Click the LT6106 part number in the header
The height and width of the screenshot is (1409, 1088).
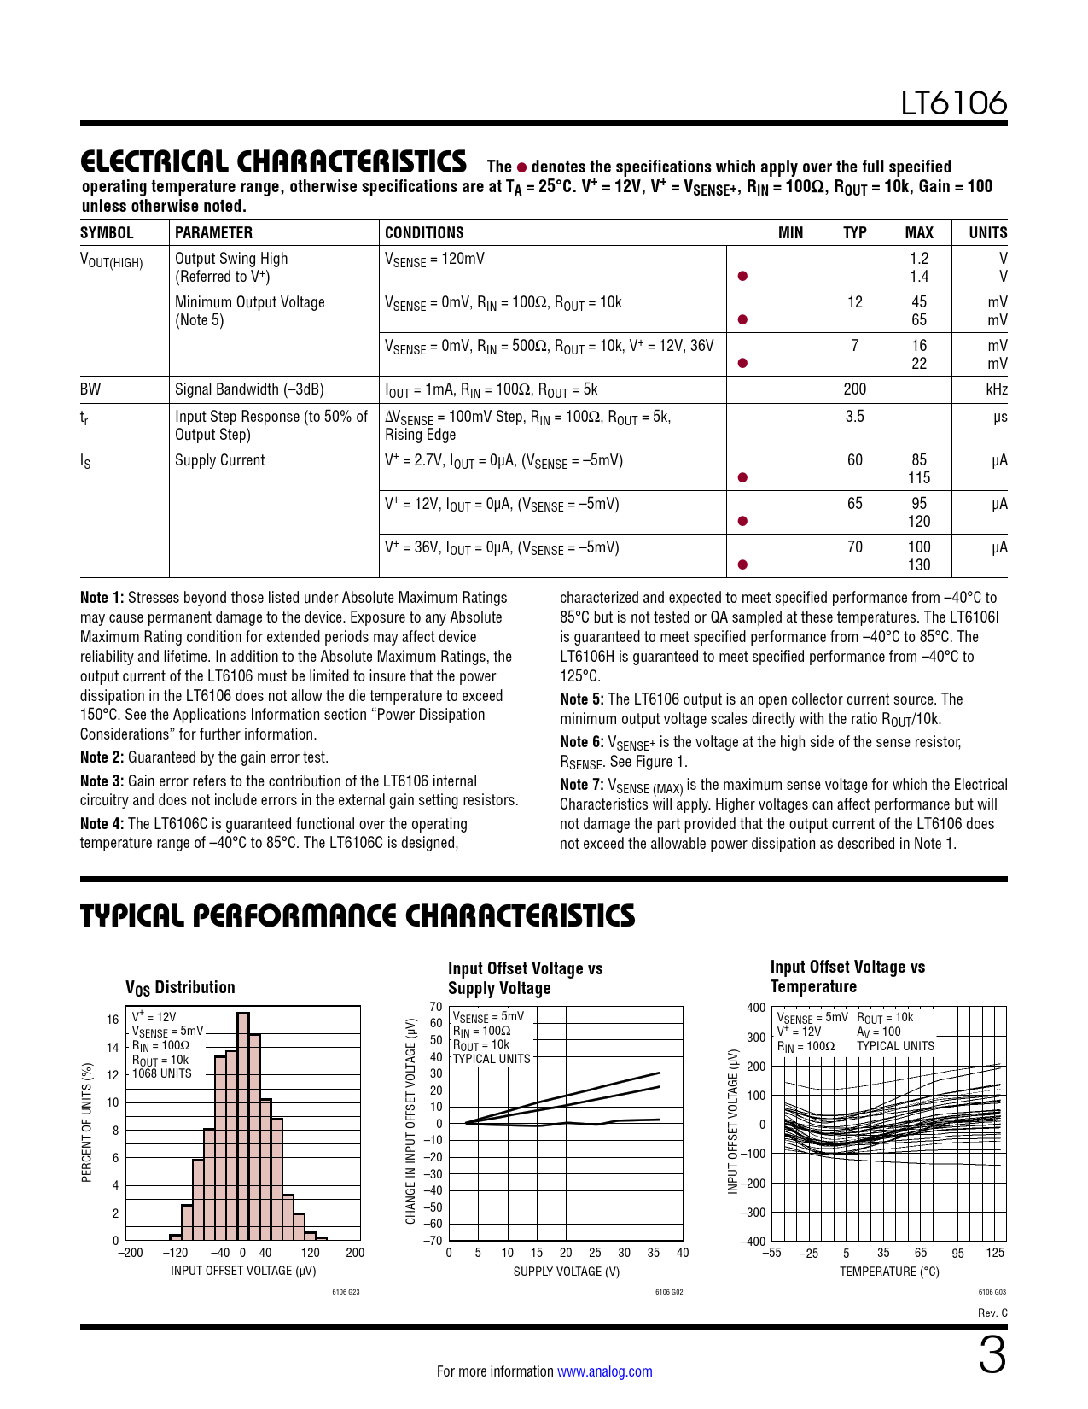(x=954, y=103)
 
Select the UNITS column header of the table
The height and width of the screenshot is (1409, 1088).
(x=987, y=233)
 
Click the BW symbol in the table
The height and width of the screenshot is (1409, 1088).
(x=90, y=389)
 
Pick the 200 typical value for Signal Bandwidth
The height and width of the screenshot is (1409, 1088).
(x=854, y=389)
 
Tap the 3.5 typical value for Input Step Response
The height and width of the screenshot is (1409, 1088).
(x=854, y=417)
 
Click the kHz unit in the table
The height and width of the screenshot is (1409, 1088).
(x=996, y=389)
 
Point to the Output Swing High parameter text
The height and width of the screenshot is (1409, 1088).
(x=231, y=259)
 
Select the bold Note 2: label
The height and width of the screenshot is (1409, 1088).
(x=102, y=757)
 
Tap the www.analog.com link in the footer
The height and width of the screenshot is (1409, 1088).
(x=604, y=1371)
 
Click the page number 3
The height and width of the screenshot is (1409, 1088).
(x=992, y=1357)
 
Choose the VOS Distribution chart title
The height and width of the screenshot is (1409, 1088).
(x=180, y=987)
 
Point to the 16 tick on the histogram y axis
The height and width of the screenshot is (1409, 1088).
(x=113, y=1020)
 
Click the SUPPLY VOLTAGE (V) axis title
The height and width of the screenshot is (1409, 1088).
(x=566, y=1272)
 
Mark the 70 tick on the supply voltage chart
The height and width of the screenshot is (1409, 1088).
(x=436, y=1007)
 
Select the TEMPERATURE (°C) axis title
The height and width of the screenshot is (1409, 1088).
(x=889, y=1272)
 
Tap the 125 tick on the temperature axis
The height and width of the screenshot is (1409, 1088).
(x=995, y=1254)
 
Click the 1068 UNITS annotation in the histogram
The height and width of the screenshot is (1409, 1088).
(x=162, y=1073)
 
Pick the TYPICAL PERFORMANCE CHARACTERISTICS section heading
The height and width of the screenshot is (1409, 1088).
(x=358, y=916)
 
